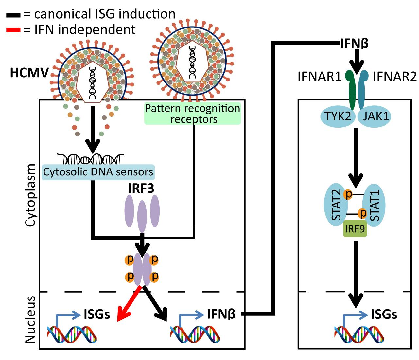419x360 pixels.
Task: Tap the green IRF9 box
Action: tap(355, 228)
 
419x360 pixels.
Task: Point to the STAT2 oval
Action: tap(336, 205)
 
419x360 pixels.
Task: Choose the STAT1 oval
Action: tap(375, 205)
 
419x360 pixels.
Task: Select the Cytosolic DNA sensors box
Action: tap(98, 172)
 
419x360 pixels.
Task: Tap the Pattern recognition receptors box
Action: tap(193, 114)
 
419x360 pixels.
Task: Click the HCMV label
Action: tap(29, 73)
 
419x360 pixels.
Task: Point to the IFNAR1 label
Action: tap(319, 77)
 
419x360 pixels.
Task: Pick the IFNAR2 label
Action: tap(394, 77)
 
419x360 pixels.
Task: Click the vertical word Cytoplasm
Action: tap(30, 195)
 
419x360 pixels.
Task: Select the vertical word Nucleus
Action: tap(30, 319)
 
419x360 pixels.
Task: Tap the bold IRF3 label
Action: tap(141, 189)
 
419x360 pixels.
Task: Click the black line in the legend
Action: tap(13, 15)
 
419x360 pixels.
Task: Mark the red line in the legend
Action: tap(13, 30)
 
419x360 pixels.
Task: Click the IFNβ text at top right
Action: tap(354, 43)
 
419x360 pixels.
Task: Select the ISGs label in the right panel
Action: tap(384, 315)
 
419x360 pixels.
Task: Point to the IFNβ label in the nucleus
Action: tap(221, 314)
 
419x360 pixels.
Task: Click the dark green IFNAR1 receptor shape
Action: tap(351, 90)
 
